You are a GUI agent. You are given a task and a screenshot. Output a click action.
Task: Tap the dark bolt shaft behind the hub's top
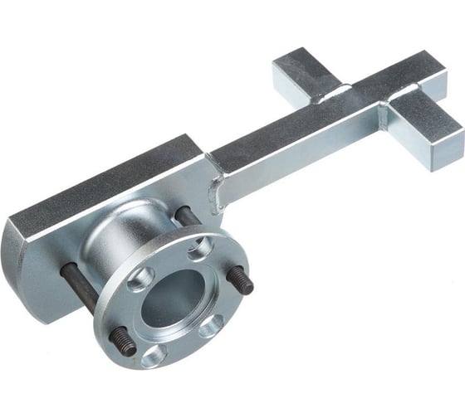[188, 216]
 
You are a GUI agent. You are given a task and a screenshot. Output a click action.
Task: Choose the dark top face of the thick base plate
[100, 178]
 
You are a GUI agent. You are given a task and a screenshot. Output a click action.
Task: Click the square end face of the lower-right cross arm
[448, 149]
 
